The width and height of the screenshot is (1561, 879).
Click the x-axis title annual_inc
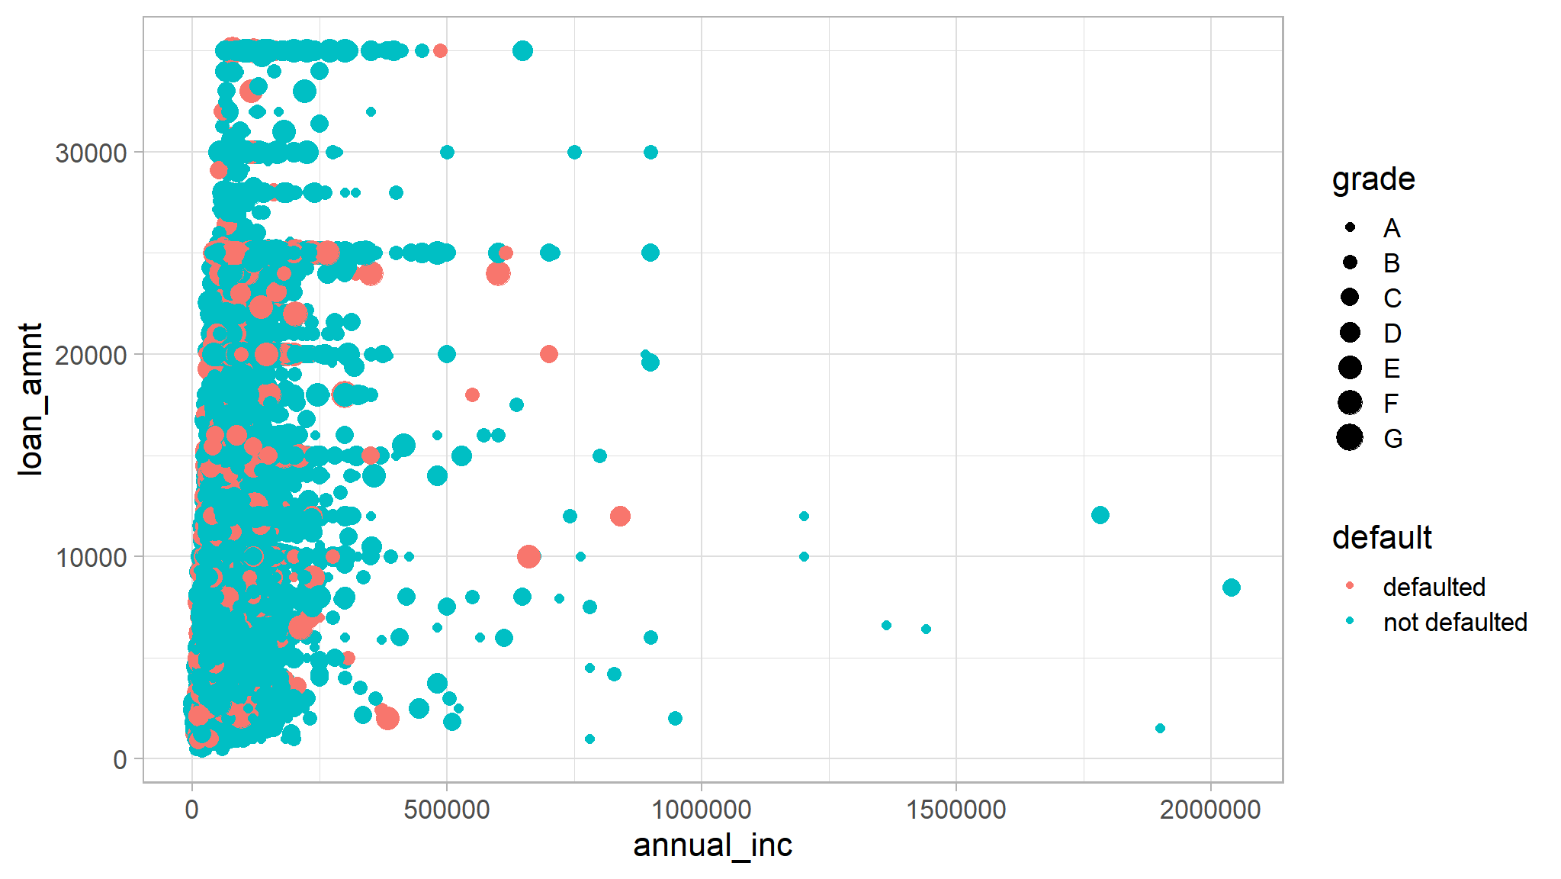(712, 845)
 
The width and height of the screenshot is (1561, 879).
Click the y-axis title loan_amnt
(30, 399)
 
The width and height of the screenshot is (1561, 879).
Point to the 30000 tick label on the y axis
(91, 153)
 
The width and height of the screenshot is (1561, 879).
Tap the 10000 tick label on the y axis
(91, 557)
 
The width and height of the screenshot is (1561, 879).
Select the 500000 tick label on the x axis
(446, 810)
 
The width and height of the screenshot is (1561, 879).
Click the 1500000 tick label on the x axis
(956, 810)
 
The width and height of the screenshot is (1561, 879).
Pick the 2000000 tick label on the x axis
(1210, 810)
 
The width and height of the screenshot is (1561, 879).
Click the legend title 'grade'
(1373, 179)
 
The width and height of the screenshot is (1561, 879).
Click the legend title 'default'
(1381, 538)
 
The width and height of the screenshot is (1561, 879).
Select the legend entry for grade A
(1392, 228)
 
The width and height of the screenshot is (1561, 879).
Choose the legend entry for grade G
(1392, 439)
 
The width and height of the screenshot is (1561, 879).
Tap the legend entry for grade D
(1392, 333)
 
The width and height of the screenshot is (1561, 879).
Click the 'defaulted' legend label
(1434, 588)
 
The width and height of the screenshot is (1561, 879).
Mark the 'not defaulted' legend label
(1454, 623)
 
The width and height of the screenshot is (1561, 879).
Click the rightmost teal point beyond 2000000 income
(1231, 588)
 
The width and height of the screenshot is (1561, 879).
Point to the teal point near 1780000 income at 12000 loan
(1100, 515)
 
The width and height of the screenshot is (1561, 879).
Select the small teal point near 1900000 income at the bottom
(1160, 728)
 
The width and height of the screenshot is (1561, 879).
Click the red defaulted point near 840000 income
(620, 517)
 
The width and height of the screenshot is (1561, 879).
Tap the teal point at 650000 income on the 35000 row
(522, 51)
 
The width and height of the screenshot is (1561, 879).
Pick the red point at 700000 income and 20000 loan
(548, 354)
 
